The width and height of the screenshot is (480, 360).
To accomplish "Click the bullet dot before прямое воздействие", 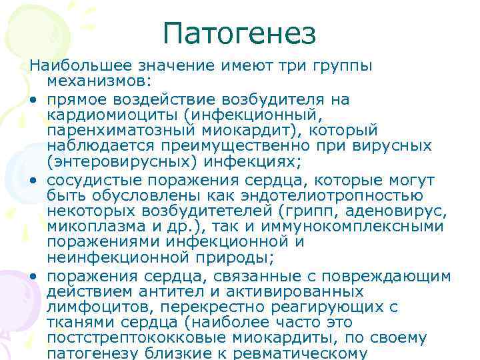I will (32, 100).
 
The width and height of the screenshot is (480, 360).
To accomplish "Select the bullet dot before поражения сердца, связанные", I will (32, 277).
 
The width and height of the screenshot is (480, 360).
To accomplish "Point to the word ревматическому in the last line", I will (312, 353).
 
